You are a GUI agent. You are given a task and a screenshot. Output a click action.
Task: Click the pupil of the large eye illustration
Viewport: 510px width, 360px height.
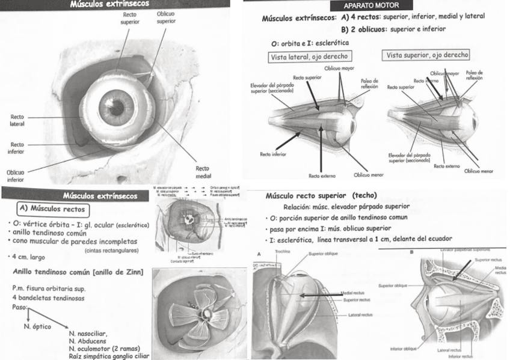click(112, 98)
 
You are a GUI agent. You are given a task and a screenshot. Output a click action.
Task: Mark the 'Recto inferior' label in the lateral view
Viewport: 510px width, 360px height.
click(272, 154)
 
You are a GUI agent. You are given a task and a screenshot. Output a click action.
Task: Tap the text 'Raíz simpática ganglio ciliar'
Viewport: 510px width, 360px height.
click(108, 356)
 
